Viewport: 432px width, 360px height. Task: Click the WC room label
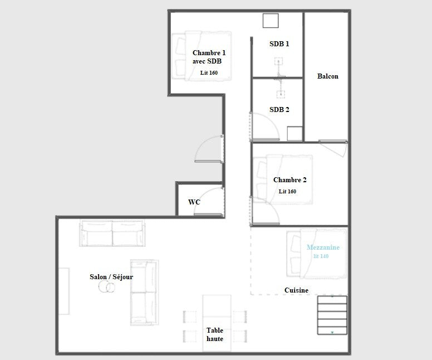pyautogui.click(x=194, y=202)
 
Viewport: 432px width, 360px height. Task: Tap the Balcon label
pyautogui.click(x=327, y=76)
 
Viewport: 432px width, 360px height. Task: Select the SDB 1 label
pyautogui.click(x=279, y=43)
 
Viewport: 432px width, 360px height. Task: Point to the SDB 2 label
pyautogui.click(x=279, y=110)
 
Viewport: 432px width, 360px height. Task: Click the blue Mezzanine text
pyautogui.click(x=323, y=247)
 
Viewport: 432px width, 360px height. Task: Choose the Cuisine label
pyautogui.click(x=296, y=290)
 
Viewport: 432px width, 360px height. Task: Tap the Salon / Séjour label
pyautogui.click(x=111, y=277)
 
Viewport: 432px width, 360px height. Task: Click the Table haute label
pyautogui.click(x=215, y=334)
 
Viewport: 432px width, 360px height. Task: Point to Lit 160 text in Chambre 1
pyautogui.click(x=209, y=73)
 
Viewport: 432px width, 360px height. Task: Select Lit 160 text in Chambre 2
pyautogui.click(x=287, y=192)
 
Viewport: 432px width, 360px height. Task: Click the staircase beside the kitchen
pyautogui.click(x=332, y=315)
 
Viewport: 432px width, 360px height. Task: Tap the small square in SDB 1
pyautogui.click(x=270, y=21)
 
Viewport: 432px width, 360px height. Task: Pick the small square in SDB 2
pyautogui.click(x=295, y=134)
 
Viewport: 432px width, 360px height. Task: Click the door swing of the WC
pyautogui.click(x=209, y=202)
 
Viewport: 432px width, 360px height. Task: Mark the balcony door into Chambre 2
pyautogui.click(x=333, y=148)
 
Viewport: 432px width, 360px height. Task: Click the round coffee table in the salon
pyautogui.click(x=106, y=287)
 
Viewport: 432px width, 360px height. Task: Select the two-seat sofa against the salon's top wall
pyautogui.click(x=112, y=233)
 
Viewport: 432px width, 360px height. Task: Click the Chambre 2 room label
pyautogui.click(x=290, y=180)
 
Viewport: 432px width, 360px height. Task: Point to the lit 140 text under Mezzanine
pyautogui.click(x=321, y=256)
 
